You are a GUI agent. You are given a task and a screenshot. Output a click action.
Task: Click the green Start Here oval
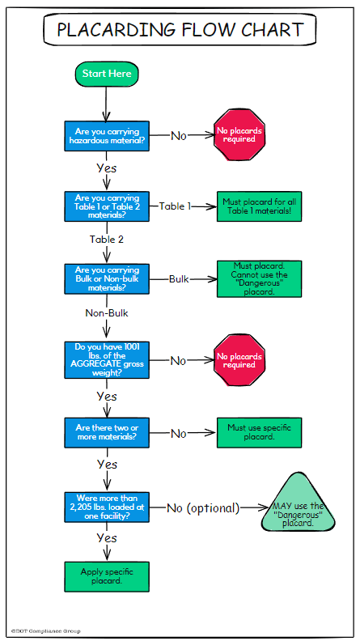pos(107,74)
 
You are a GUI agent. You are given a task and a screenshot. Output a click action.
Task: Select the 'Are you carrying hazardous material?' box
pos(107,136)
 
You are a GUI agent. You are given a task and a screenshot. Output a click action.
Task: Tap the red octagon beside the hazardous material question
pos(239,135)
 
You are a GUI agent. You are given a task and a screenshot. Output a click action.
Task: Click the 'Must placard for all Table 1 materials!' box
pos(259,206)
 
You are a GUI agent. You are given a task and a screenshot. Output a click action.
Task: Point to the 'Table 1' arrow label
pos(175,206)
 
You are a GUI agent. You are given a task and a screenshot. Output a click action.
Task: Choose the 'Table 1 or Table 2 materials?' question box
pos(107,206)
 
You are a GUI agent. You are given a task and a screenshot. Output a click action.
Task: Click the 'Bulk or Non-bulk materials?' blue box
pos(107,278)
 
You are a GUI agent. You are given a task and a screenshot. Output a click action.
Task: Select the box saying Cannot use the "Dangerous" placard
pos(259,278)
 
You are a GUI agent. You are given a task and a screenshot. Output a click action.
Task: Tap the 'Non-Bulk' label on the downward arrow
pos(107,313)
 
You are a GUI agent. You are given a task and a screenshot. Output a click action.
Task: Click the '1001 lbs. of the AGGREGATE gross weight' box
pos(107,360)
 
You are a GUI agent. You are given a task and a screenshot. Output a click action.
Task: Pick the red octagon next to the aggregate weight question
pos(239,360)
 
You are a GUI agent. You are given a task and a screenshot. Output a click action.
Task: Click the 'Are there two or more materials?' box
pos(107,432)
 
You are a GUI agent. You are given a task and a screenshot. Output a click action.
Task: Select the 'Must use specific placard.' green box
pos(259,432)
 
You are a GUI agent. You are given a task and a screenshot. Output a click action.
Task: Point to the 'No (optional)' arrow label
pos(203,508)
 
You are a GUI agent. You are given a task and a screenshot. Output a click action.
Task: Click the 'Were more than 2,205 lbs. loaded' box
pos(107,507)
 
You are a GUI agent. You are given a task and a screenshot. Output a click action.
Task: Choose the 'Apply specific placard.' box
pos(107,577)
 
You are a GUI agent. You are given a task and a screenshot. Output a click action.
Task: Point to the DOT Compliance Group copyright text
pos(46,631)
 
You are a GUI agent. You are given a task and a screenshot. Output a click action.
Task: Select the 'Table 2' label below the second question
pos(107,240)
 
